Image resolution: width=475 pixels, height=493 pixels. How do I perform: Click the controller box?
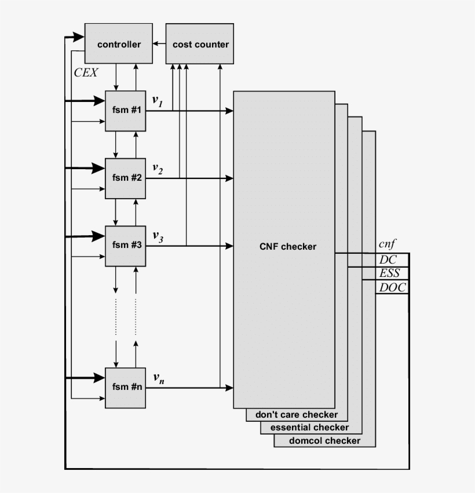pyautogui.click(x=119, y=44)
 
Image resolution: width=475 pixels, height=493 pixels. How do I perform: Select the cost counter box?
pyautogui.click(x=200, y=44)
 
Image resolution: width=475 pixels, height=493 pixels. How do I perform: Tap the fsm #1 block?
pyautogui.click(x=126, y=111)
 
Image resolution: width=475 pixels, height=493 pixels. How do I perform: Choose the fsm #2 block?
pyautogui.click(x=126, y=178)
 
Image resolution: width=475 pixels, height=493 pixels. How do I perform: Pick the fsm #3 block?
pyautogui.click(x=126, y=245)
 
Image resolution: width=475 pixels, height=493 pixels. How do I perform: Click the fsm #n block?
pyautogui.click(x=126, y=388)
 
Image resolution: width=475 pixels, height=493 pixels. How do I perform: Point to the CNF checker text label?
pyautogui.click(x=288, y=247)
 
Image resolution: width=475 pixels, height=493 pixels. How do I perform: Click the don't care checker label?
pyautogui.click(x=296, y=415)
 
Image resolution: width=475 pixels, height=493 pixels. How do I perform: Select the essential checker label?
pyautogui.click(x=310, y=428)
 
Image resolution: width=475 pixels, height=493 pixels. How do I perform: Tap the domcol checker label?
pyautogui.click(x=324, y=441)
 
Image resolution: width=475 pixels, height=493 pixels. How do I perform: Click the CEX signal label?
pyautogui.click(x=86, y=73)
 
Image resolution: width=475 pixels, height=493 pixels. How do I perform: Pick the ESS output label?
pyautogui.click(x=390, y=273)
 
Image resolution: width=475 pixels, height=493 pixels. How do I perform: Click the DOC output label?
pyautogui.click(x=392, y=287)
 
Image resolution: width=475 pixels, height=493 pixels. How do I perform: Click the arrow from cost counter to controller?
pyautogui.click(x=159, y=44)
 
